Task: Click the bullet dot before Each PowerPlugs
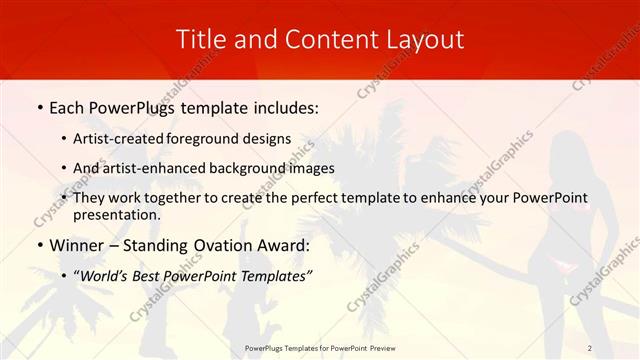point(38,106)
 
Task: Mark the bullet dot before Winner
point(38,245)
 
